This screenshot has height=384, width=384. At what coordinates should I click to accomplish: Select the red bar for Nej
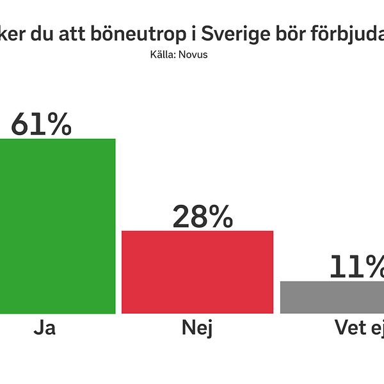pos(197,272)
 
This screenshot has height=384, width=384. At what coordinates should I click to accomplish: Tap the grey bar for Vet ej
pos(332,297)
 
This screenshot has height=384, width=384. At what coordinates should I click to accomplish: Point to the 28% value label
pos(202,218)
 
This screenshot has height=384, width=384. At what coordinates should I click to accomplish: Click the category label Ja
pos(44,329)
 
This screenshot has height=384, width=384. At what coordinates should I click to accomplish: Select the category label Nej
pos(197,329)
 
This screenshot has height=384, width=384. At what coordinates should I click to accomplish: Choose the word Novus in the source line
pos(195,54)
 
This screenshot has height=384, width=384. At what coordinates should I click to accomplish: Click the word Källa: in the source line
pos(163,54)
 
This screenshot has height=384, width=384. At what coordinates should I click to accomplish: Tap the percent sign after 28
pos(219,218)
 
